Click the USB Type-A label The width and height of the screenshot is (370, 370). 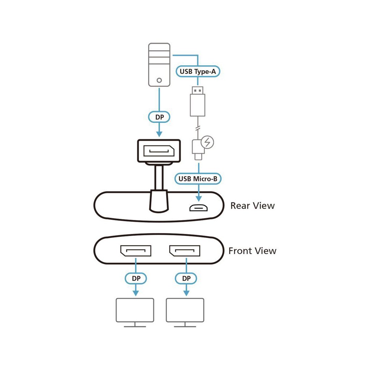pyautogui.click(x=198, y=72)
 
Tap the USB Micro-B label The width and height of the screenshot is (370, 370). pyautogui.click(x=198, y=179)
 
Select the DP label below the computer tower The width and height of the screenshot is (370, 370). pyautogui.click(x=159, y=117)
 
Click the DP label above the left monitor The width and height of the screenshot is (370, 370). pyautogui.click(x=136, y=279)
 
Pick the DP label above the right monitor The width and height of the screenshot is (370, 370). pyautogui.click(x=186, y=279)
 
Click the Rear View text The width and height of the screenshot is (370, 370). pyautogui.click(x=253, y=206)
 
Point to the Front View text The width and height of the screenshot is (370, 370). pyautogui.click(x=253, y=251)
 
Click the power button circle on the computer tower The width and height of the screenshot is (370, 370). pyautogui.click(x=159, y=80)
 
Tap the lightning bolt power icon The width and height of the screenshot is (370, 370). pyautogui.click(x=207, y=142)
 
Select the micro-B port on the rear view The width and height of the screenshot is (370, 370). pyautogui.click(x=198, y=208)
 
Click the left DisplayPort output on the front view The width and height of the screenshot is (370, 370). pyautogui.click(x=136, y=251)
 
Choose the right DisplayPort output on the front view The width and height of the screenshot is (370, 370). pyautogui.click(x=185, y=251)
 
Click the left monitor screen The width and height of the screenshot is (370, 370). pyautogui.click(x=135, y=310)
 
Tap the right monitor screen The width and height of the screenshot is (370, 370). pyautogui.click(x=185, y=310)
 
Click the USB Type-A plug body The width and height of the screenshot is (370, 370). pyautogui.click(x=198, y=105)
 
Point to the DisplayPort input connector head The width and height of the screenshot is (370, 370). pyautogui.click(x=159, y=151)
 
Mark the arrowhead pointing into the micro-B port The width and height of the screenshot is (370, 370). pyautogui.click(x=199, y=199)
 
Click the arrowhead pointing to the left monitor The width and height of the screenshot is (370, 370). pyautogui.click(x=136, y=293)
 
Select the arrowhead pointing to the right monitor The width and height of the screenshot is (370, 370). pyautogui.click(x=186, y=293)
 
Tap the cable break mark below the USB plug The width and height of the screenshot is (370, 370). pyautogui.click(x=198, y=128)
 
